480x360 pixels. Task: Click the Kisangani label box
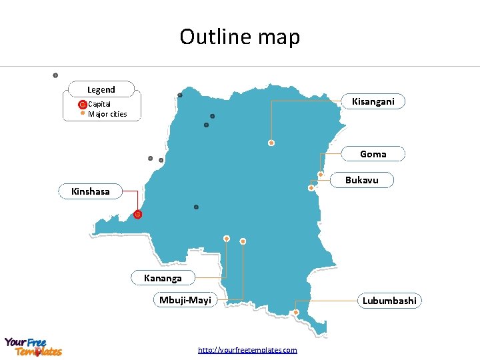point(373,101)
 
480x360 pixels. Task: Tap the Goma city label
point(373,154)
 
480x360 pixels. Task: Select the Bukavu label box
point(362,180)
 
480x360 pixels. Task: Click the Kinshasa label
point(91,191)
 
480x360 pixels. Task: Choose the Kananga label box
point(163,277)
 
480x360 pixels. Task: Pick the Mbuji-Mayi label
point(185,300)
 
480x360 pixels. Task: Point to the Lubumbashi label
point(389,301)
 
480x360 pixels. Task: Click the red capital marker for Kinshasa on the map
point(137,215)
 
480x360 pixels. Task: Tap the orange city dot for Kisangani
point(271,143)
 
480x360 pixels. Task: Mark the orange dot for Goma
point(321,175)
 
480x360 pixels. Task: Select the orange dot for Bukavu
point(311,188)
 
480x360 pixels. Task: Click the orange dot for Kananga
point(227,238)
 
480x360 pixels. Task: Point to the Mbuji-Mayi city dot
point(243,241)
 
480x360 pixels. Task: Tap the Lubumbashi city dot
point(296,312)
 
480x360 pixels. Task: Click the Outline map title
point(240,37)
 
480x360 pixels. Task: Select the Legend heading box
point(101,89)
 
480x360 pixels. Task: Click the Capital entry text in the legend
point(99,104)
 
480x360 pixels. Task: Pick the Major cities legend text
point(107,114)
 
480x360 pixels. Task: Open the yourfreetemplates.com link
point(247,350)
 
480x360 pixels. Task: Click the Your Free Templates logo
point(33,347)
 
